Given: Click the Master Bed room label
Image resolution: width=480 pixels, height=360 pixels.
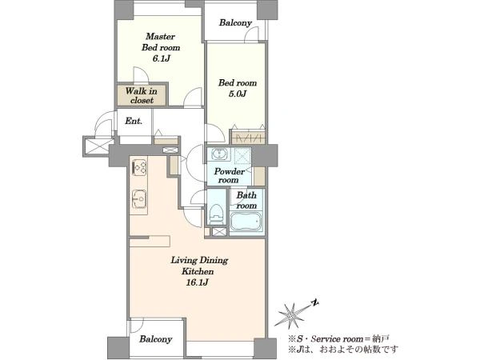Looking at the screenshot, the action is (x=161, y=42).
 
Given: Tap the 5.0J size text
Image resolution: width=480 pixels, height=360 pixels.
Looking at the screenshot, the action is (x=238, y=94).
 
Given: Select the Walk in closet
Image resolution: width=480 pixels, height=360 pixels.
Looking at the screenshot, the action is (x=142, y=95).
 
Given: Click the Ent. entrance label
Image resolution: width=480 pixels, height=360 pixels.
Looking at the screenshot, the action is (x=134, y=121).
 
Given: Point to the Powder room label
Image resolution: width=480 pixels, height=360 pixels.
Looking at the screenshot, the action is (x=229, y=175).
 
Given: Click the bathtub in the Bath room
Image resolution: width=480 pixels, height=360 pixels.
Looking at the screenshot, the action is (x=246, y=221).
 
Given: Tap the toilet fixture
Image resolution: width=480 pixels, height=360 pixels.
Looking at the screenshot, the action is (x=217, y=214).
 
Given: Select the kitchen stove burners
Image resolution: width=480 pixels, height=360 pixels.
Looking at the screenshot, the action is (x=139, y=167).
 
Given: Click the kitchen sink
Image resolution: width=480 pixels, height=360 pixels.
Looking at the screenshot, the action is (x=139, y=199).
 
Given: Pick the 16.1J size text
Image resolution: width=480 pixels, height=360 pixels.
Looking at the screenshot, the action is (x=198, y=282).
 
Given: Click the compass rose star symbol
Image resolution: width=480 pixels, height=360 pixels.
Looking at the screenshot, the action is (x=291, y=315).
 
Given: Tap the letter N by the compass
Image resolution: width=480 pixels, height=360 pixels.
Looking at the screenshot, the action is (x=315, y=303).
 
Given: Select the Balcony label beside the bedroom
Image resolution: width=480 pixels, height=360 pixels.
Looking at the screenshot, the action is (x=235, y=22).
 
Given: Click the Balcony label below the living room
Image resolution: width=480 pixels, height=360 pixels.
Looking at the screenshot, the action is (x=155, y=339).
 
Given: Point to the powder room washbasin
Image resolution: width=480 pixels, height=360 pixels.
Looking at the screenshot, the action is (x=218, y=154).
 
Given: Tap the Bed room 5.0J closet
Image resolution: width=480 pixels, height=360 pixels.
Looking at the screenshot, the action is (x=248, y=137).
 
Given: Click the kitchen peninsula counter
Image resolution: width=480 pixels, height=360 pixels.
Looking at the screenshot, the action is (x=150, y=241).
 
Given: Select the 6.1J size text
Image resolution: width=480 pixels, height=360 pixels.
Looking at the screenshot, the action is (x=161, y=58).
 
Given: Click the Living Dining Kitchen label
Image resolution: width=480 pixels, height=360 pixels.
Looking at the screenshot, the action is (x=199, y=266).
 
